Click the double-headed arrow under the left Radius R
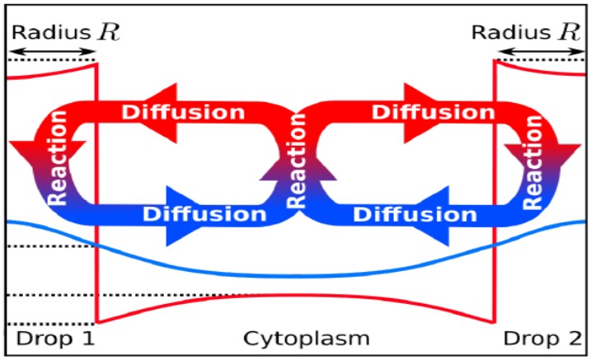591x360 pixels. point(52,52)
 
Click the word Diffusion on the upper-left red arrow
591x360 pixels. point(183,111)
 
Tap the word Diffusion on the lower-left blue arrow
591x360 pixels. point(205,214)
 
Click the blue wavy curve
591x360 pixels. point(297,274)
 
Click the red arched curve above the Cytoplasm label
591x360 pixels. point(297,295)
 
